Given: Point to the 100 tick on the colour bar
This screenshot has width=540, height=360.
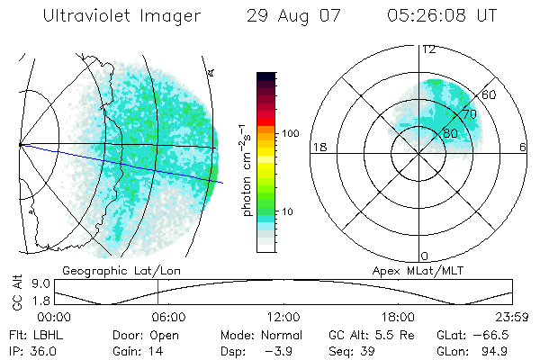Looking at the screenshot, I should click(x=291, y=132).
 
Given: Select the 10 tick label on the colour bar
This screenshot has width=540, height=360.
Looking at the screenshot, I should click(x=288, y=211).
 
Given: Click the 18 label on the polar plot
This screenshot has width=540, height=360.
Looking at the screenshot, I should click(x=318, y=147).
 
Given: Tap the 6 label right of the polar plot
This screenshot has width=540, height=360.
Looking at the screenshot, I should click(x=523, y=147).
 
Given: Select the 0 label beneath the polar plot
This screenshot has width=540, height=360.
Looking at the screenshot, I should click(x=425, y=256).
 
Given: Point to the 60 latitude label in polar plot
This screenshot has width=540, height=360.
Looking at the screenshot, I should click(x=490, y=94).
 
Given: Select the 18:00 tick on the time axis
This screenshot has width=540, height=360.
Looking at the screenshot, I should click(x=398, y=316).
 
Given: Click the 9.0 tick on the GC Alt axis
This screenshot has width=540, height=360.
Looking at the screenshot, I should click(x=38, y=281).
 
